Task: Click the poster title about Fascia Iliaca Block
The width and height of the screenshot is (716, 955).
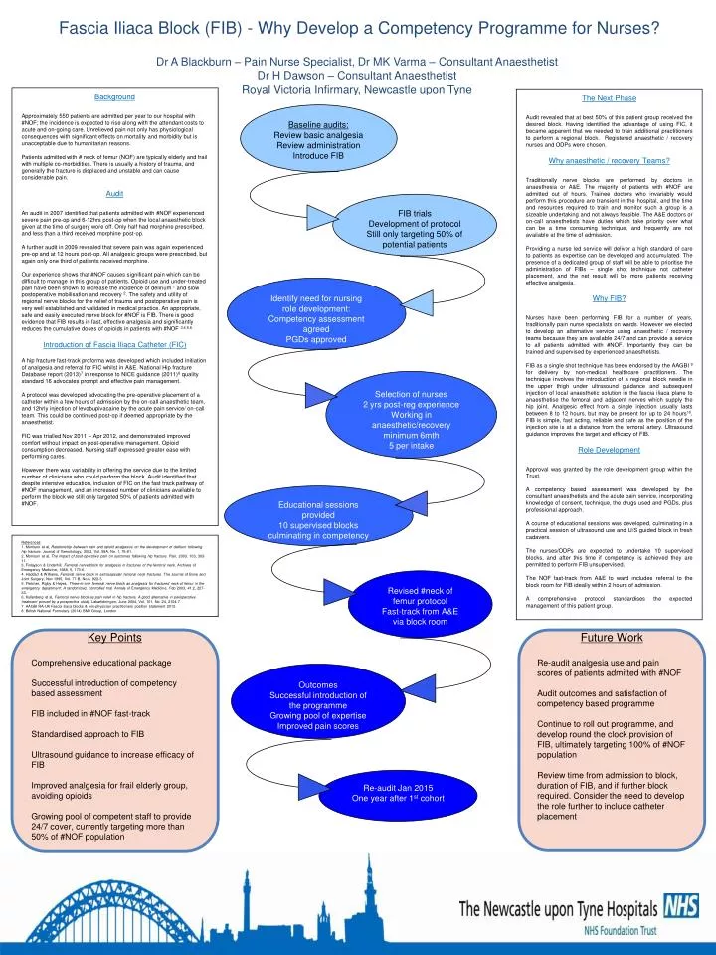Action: pos(359,27)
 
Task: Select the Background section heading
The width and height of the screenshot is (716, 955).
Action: pos(114,97)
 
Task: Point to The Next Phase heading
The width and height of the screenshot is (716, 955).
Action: pos(610,97)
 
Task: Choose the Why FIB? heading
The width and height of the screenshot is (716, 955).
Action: pos(610,298)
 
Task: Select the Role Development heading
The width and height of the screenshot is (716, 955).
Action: pos(610,451)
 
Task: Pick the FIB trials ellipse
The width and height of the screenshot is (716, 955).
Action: pos(414,229)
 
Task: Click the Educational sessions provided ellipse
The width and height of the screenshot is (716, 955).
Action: pos(318,519)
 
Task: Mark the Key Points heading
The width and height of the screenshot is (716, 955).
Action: pos(114,638)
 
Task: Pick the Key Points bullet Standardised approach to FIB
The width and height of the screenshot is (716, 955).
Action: pos(89,734)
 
